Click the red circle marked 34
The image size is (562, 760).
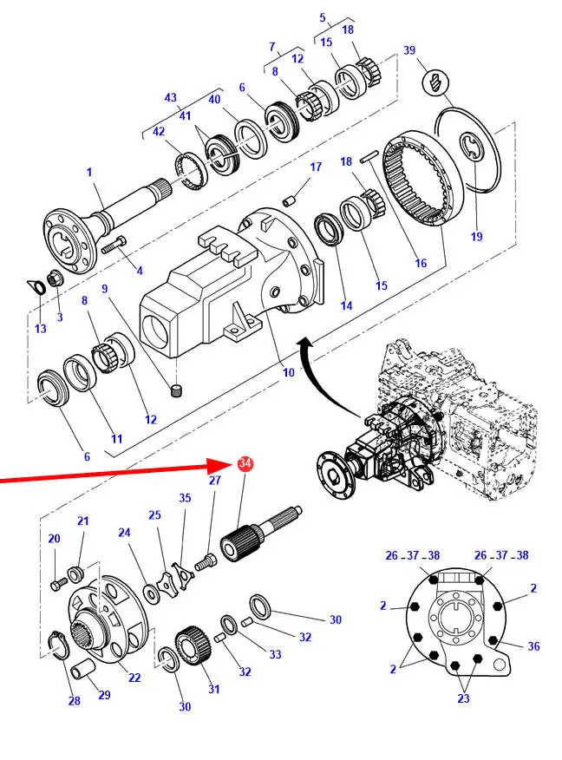245,465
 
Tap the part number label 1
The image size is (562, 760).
88,173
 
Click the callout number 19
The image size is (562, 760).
476,236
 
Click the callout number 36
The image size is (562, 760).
533,645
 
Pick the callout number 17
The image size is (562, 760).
316,167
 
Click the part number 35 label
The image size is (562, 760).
185,498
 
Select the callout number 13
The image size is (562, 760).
41,304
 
